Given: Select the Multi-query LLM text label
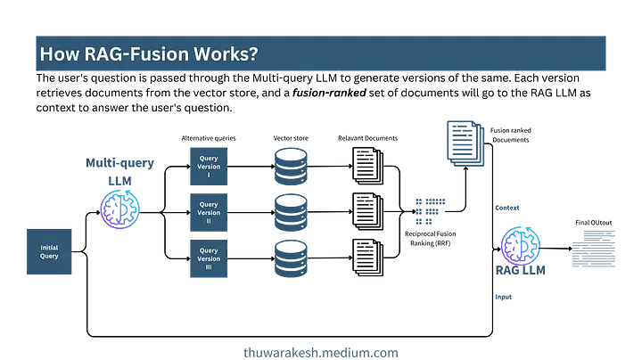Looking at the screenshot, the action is point(119,171).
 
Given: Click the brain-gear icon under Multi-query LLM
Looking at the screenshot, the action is point(119,209).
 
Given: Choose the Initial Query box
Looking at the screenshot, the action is point(49,251).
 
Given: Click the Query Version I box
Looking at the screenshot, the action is point(209,166).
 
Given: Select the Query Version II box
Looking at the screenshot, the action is point(209,213).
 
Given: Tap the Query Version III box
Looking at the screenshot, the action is point(209,259).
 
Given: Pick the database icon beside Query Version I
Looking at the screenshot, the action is point(291,166).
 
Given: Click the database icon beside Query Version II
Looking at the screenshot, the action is point(291,212).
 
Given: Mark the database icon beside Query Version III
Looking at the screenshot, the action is point(291,258).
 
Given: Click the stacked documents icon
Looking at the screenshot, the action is point(465,142).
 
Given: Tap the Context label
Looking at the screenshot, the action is point(507,208).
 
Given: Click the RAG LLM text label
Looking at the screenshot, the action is point(521,270).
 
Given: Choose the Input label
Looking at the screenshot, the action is point(504,297).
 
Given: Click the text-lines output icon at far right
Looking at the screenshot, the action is point(593,250).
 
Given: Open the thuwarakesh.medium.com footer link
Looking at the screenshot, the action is point(321,352).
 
